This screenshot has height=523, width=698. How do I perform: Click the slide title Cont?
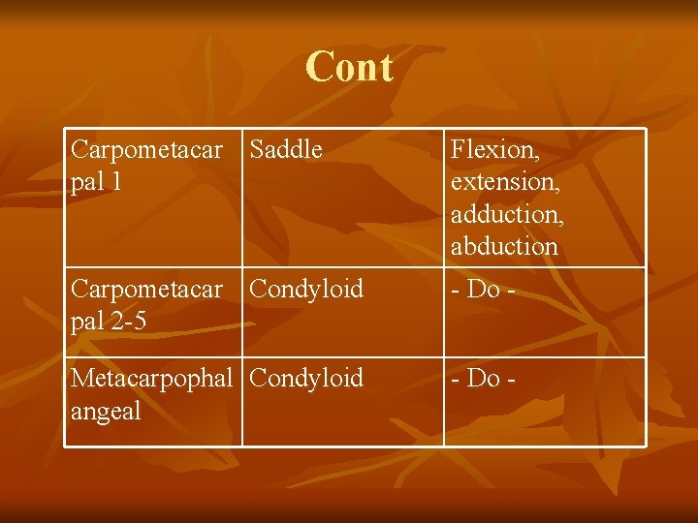click(x=349, y=68)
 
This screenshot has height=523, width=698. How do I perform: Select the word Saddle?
click(x=286, y=150)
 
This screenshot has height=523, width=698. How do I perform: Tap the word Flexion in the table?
click(x=494, y=150)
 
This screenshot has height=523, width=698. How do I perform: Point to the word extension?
click(x=504, y=182)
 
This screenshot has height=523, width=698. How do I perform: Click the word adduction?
click(x=507, y=214)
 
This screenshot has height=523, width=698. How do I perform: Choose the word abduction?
click(x=504, y=246)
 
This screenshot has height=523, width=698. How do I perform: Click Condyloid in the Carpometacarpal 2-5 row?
click(x=306, y=289)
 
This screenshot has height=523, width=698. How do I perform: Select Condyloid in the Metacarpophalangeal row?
click(x=306, y=378)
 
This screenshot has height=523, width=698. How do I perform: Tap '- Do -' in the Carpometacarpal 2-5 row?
click(x=483, y=289)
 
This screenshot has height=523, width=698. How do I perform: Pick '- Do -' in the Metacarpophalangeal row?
click(x=483, y=378)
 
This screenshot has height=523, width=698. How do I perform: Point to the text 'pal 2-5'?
click(x=109, y=321)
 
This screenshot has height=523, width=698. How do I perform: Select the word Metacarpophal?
click(x=152, y=378)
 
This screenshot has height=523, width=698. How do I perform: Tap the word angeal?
click(x=107, y=411)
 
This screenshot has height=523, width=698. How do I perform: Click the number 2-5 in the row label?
click(x=126, y=321)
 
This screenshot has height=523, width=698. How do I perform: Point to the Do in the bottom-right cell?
click(x=483, y=378)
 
